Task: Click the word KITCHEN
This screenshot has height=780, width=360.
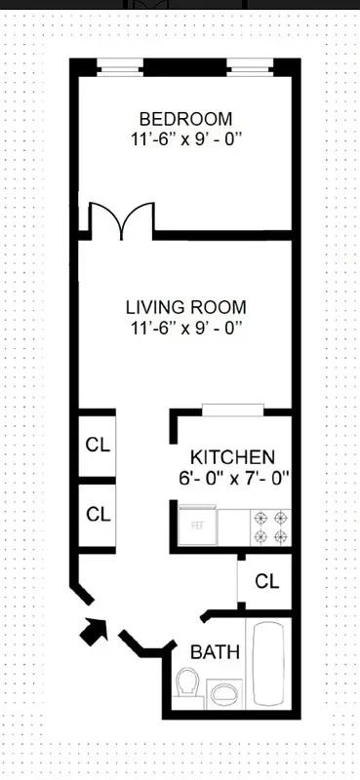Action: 232,457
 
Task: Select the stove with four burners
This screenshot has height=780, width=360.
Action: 271,526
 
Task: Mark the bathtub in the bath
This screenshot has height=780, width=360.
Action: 269,667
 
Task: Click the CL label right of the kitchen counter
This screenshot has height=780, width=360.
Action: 266,582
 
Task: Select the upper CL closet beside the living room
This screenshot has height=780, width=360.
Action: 98,446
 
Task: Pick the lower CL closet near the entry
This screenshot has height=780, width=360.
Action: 98,514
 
